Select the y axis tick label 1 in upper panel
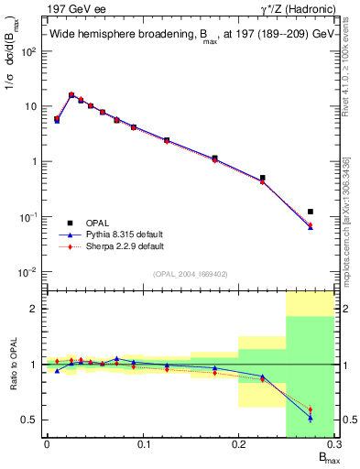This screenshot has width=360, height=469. pos(35,162)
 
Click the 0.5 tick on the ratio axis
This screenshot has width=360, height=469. pos(29,420)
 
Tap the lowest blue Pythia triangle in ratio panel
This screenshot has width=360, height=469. pos(310,418)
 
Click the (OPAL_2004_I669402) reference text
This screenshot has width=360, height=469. pos(191,272)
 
